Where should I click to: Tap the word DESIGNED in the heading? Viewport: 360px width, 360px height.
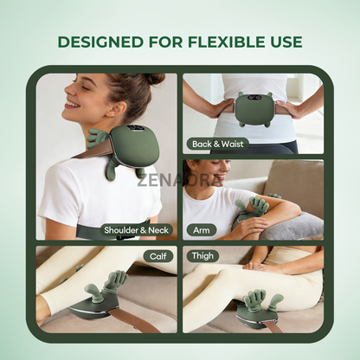coord(98,42)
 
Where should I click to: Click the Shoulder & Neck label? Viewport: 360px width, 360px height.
coord(135,230)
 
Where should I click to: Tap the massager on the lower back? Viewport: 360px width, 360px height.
coord(252,107)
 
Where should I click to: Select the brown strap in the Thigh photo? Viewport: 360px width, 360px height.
coord(275,326)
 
